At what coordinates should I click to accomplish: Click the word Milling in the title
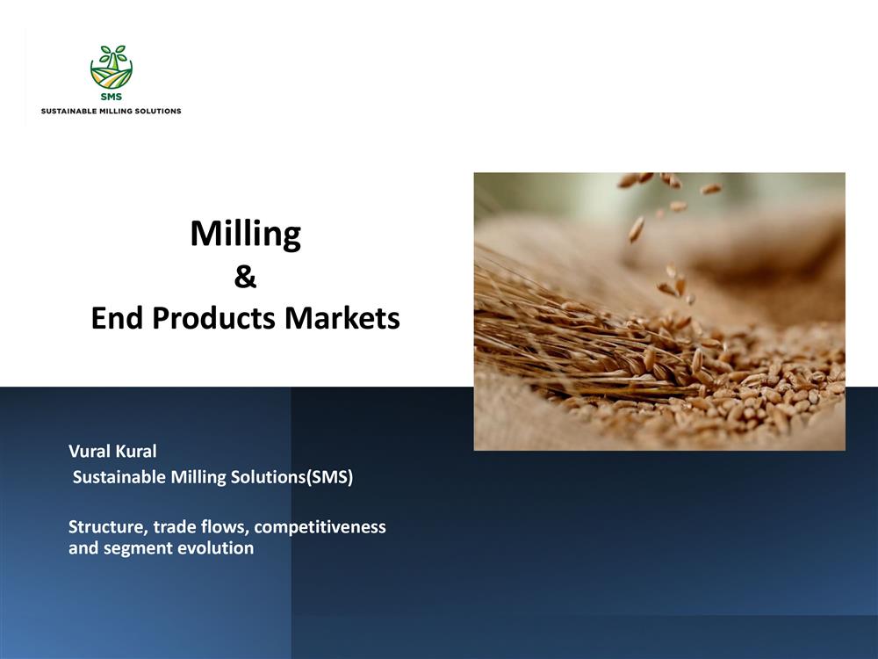tap(245, 235)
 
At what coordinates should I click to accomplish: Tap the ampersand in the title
tap(245, 277)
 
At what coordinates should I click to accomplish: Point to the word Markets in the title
tap(342, 318)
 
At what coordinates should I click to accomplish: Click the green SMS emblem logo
tap(112, 67)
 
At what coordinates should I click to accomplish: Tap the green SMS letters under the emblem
tap(112, 97)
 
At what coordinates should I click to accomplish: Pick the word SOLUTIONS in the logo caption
tap(157, 111)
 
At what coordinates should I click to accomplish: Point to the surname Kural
tap(136, 451)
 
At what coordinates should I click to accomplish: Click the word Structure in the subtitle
tap(108, 526)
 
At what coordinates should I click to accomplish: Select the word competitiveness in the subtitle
tap(320, 527)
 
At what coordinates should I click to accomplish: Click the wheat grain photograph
tap(659, 312)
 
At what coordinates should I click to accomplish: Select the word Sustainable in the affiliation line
tap(119, 477)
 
